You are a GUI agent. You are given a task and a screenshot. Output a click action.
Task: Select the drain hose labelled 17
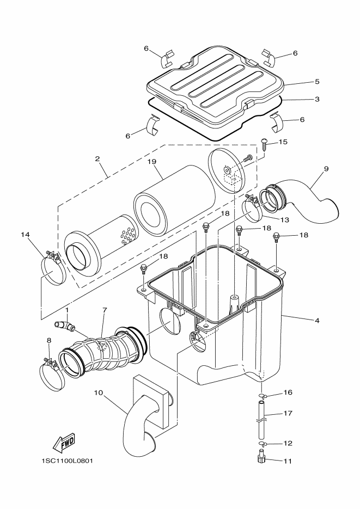(261, 421)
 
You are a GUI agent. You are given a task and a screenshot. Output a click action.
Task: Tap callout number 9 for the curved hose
(326, 169)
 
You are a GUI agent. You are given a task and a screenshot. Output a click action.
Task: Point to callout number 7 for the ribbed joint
(105, 310)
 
